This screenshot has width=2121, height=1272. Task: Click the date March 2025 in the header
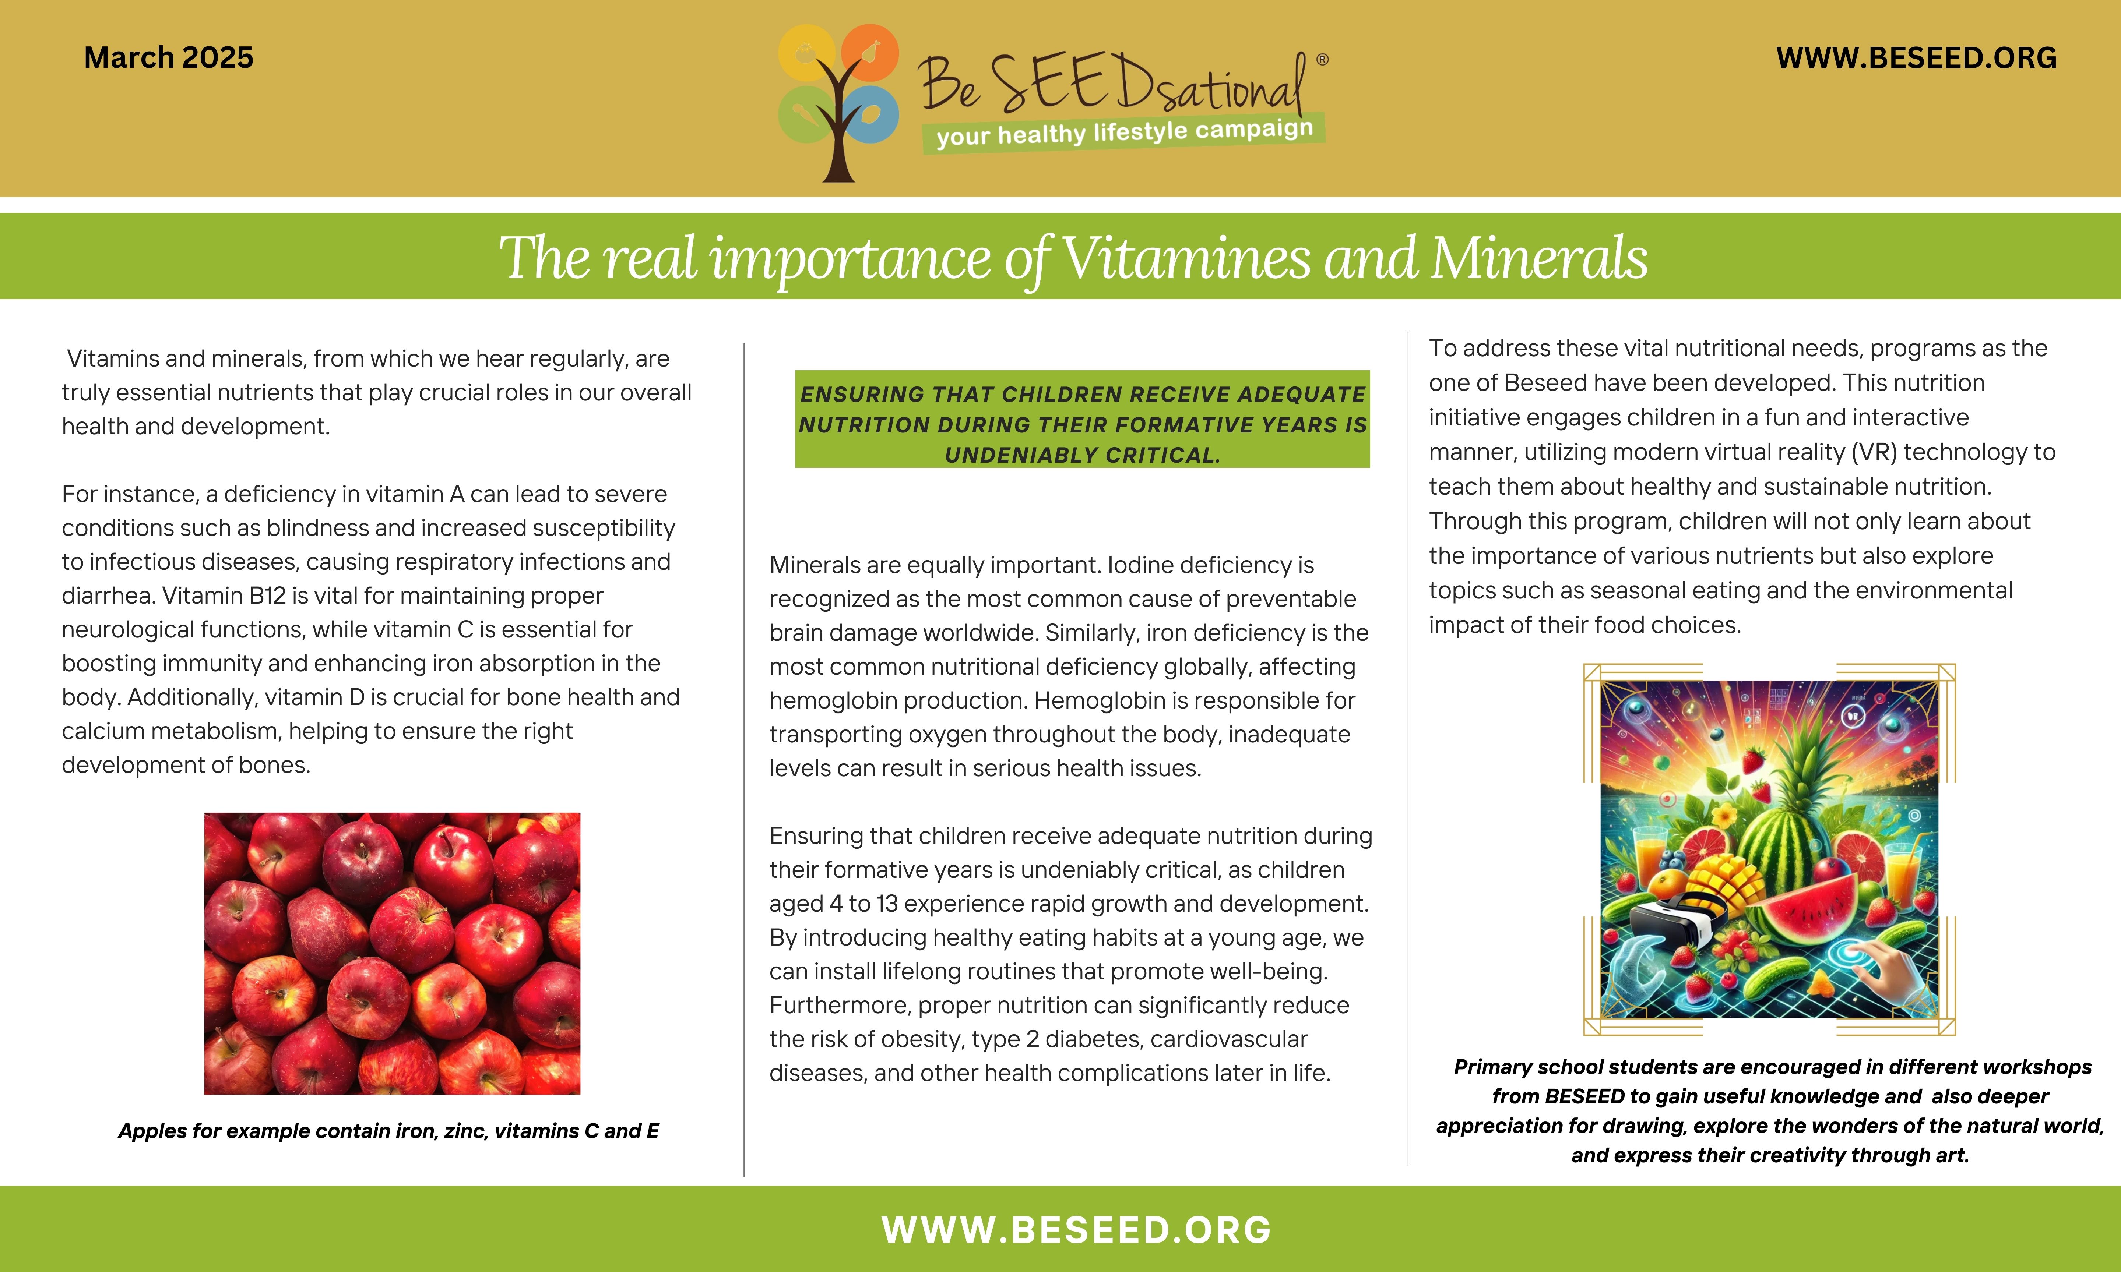tap(169, 57)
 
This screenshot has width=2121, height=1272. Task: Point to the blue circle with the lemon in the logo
tap(869, 114)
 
